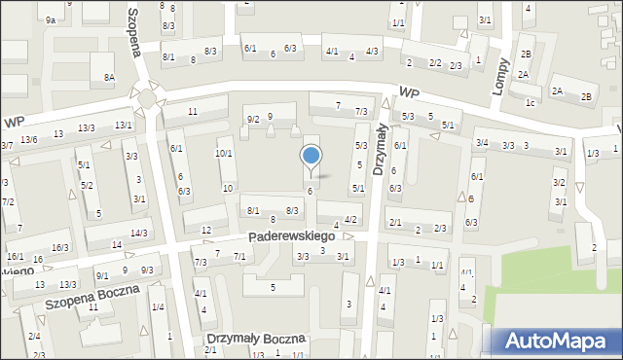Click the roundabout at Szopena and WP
coord(149,97)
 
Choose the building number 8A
coord(110,76)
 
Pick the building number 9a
coord(49,18)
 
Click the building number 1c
coord(530,102)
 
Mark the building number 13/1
coord(123,126)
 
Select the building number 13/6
coord(29,140)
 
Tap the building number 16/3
coord(60,248)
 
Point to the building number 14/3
coord(139,233)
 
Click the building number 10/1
coord(224,154)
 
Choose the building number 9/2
coord(252,119)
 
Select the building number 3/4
coord(481,143)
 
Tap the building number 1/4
coord(157,307)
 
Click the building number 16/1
coord(15,256)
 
